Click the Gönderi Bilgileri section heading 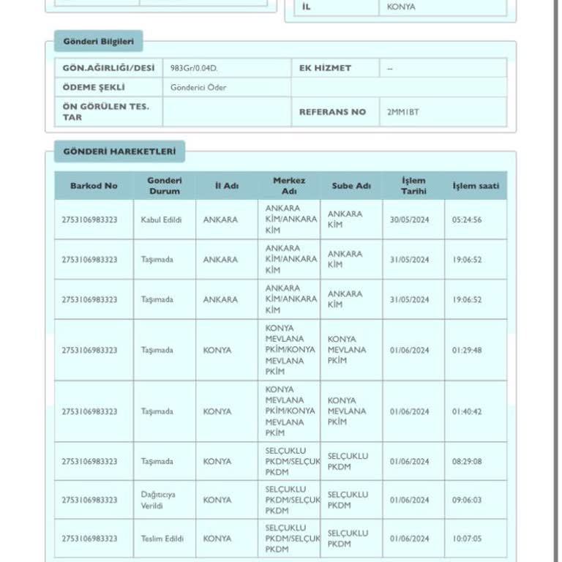98,41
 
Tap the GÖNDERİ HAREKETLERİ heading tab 119,151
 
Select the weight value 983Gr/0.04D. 193,68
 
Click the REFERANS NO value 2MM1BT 403,112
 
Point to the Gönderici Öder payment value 198,88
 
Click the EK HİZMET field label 325,68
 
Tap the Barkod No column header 94,186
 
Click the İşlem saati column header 476,186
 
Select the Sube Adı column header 351,186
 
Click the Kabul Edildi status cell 161,220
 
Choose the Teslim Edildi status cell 162,539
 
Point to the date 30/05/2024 410,220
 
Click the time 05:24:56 467,220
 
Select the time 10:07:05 467,539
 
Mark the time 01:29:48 467,350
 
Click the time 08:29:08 467,461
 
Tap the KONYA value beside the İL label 401,7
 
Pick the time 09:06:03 467,500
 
